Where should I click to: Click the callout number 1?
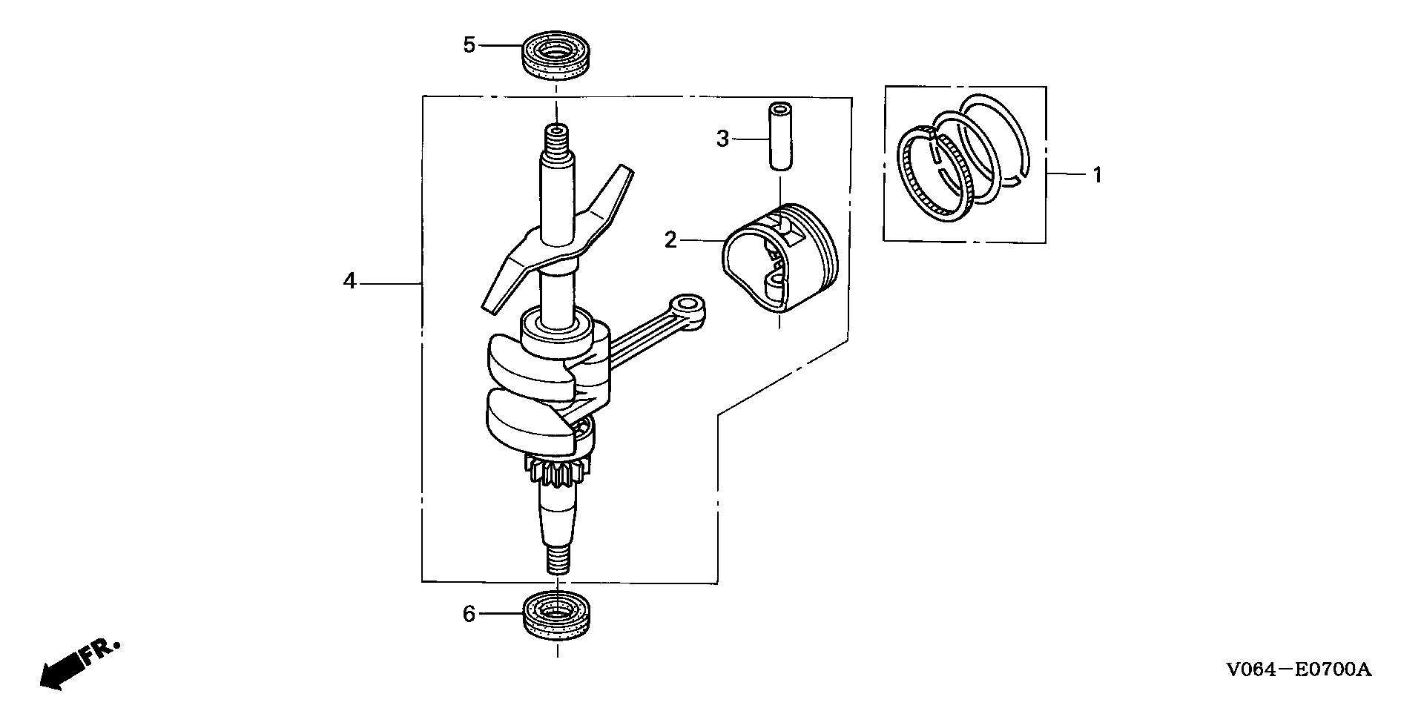pyautogui.click(x=1097, y=176)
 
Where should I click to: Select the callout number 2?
pyautogui.click(x=670, y=240)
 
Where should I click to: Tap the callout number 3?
pyautogui.click(x=723, y=139)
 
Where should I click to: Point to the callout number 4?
pyautogui.click(x=350, y=282)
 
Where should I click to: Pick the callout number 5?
pyautogui.click(x=469, y=45)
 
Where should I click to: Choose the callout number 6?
pyautogui.click(x=469, y=615)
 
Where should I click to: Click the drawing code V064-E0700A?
pyautogui.click(x=1299, y=670)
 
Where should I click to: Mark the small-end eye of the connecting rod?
pyautogui.click(x=688, y=305)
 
